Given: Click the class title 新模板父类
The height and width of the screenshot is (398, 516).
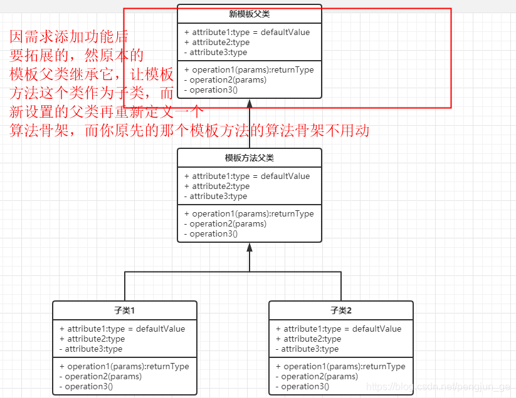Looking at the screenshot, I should coord(250,14).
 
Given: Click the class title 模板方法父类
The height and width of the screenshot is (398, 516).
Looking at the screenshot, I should coord(250,158).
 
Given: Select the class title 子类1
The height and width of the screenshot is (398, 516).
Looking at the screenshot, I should coord(124,310).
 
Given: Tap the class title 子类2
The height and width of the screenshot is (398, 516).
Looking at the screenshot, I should coord(341,310).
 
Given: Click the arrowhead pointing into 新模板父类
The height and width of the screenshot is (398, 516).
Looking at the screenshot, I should coord(250,104).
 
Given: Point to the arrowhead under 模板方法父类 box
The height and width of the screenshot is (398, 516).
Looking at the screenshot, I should coord(250,248).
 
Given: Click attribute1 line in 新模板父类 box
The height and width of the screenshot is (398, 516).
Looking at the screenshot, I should coord(247,33).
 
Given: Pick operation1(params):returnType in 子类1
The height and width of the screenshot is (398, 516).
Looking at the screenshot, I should coord(124,367).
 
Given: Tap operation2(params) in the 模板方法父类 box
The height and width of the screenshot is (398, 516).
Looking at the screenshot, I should coord(225,224).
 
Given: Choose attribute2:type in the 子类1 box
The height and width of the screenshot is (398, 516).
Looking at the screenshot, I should coord(92,339).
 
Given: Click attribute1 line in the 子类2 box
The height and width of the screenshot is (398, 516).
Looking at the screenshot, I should coord(339,329).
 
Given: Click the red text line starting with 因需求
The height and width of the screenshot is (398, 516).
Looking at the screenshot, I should coord(69,37).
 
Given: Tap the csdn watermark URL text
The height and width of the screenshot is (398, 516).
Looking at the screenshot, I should coord(438,388).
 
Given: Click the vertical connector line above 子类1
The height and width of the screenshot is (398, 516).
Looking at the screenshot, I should coord(125,287).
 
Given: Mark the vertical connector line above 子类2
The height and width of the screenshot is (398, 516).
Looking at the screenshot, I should coord(341,287).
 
